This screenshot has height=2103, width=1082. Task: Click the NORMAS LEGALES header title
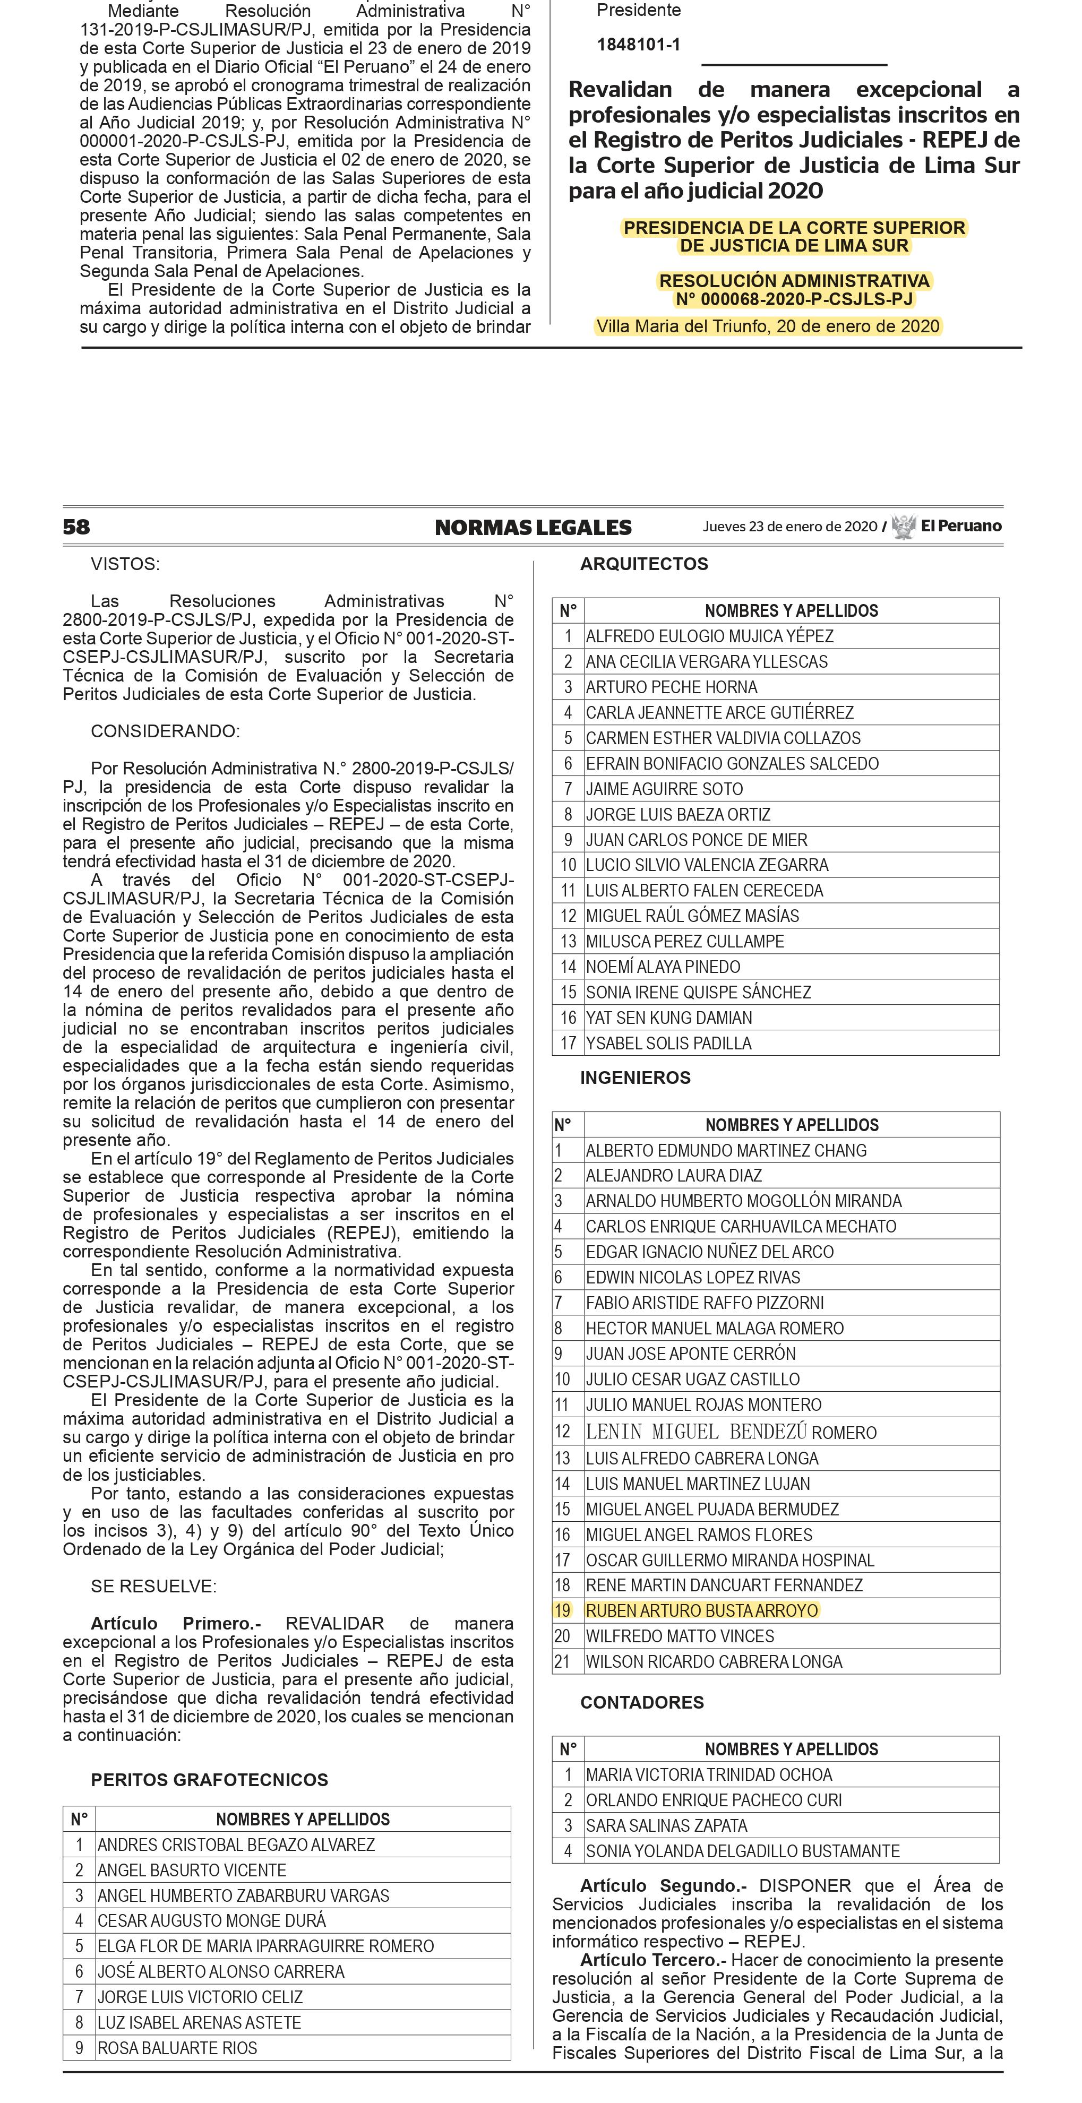[533, 528]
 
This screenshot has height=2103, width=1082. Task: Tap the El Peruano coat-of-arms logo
[903, 527]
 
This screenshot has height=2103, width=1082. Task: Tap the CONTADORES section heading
[642, 1702]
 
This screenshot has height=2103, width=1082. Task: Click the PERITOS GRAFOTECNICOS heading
[209, 1780]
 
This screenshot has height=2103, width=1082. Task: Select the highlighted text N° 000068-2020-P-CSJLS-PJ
[794, 299]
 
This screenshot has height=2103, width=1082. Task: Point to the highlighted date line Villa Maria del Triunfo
[768, 326]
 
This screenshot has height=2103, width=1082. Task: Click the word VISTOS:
[125, 564]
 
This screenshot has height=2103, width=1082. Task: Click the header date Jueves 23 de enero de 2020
[789, 527]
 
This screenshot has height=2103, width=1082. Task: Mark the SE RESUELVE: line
[153, 1586]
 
